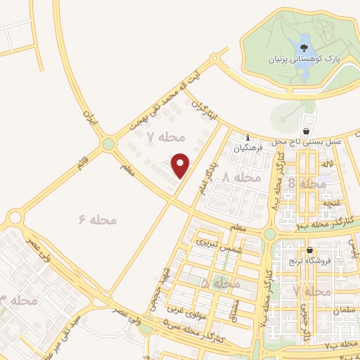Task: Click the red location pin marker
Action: click(181, 165)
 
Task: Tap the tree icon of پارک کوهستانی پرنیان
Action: click(304, 49)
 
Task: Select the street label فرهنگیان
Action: click(250, 148)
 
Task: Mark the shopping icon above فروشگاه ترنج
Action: click(309, 250)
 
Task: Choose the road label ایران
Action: click(89, 117)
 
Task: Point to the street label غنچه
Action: click(328, 203)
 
